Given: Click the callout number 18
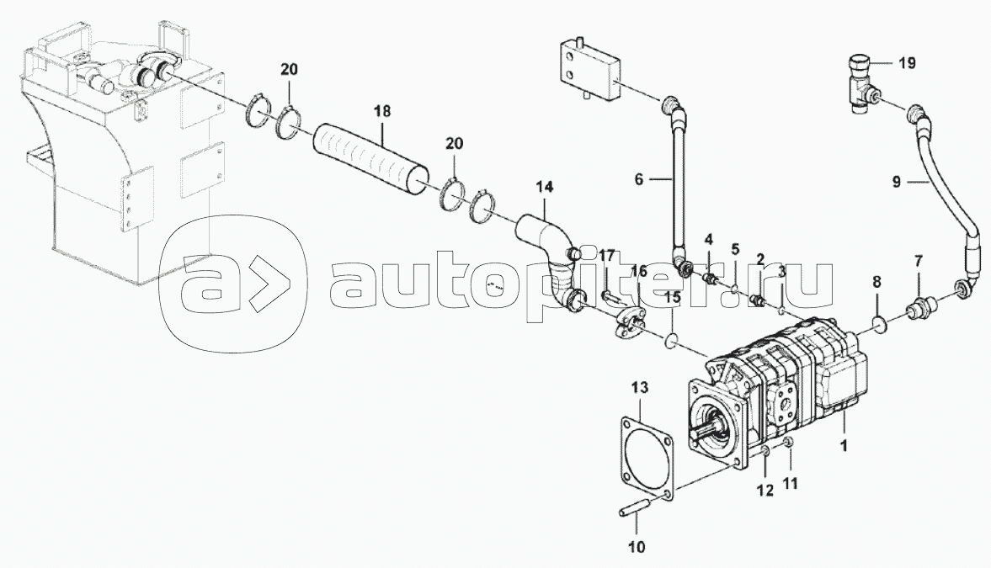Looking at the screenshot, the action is pyautogui.click(x=382, y=111).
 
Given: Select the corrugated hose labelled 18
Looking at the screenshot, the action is pyautogui.click(x=371, y=158).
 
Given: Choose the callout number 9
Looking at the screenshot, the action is pyautogui.click(x=897, y=182).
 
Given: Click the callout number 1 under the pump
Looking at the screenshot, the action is pyautogui.click(x=843, y=445).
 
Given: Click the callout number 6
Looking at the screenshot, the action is pyautogui.click(x=638, y=180).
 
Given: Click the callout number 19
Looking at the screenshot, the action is pyautogui.click(x=907, y=63).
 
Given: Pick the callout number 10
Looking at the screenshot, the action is pyautogui.click(x=637, y=546).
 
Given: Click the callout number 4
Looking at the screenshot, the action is pyautogui.click(x=709, y=239).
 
